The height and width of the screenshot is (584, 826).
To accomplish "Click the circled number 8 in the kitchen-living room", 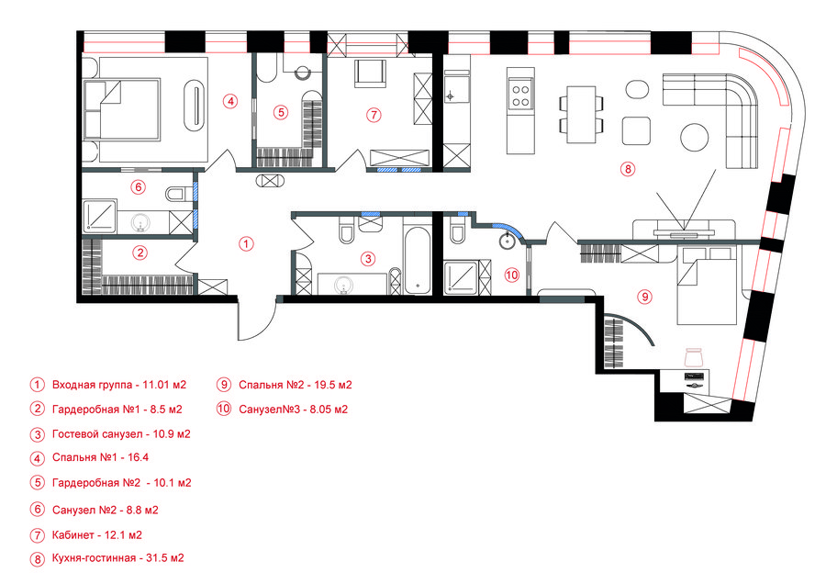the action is click(627, 169).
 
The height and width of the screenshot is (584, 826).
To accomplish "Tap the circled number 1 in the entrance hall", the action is click(246, 243).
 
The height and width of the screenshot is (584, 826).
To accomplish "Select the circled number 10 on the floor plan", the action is click(511, 275).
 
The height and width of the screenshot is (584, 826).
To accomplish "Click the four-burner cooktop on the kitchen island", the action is click(520, 95).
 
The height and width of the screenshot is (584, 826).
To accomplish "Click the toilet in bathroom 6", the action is click(175, 194).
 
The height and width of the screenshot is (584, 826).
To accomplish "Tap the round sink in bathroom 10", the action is click(508, 241).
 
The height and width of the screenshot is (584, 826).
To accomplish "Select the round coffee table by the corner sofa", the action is click(695, 137).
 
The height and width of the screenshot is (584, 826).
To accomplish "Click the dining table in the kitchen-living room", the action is click(581, 115).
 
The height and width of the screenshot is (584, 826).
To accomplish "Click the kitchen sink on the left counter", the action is click(456, 90).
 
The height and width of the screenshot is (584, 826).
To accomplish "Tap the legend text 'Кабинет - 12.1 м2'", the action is click(97, 535).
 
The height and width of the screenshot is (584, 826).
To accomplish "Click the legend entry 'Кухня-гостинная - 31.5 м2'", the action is click(118, 557).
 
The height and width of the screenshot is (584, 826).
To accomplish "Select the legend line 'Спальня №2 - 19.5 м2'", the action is click(295, 385).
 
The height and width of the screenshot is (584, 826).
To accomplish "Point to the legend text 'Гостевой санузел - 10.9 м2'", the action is click(121, 434).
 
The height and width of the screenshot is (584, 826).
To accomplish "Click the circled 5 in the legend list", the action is click(37, 482).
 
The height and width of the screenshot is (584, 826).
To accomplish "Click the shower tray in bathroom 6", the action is click(100, 216).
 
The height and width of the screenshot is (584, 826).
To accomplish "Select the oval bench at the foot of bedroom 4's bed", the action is click(195, 105).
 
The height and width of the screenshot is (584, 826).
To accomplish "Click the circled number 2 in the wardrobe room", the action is click(140, 253).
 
